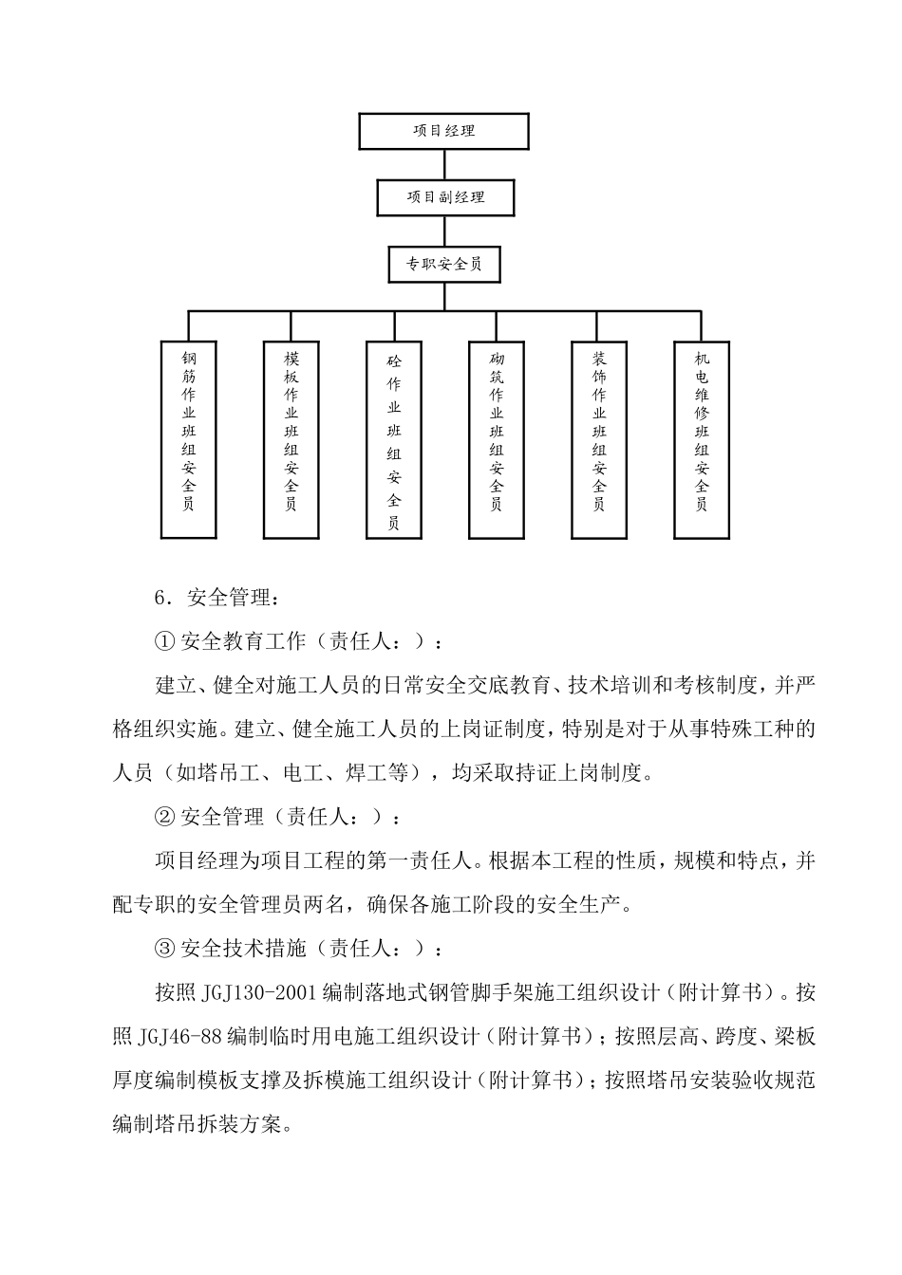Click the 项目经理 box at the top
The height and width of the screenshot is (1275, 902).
[443, 131]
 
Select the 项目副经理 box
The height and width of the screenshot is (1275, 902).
[445, 197]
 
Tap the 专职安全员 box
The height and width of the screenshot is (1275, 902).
[444, 264]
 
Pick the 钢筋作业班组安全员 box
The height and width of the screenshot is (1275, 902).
[188, 439]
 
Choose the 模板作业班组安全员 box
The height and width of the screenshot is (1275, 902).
[291, 439]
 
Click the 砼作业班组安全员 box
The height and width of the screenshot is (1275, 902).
[393, 439]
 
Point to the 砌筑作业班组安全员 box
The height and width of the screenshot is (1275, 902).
[496, 439]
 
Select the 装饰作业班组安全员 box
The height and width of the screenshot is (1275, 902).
[598, 439]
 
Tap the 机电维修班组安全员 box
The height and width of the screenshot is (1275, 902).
[701, 439]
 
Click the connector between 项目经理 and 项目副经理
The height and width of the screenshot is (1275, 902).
[444, 164]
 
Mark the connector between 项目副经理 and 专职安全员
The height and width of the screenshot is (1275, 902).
[444, 231]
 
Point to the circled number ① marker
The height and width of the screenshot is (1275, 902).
[164, 642]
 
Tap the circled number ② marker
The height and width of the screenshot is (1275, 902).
[164, 818]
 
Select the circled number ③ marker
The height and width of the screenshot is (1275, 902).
[164, 949]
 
